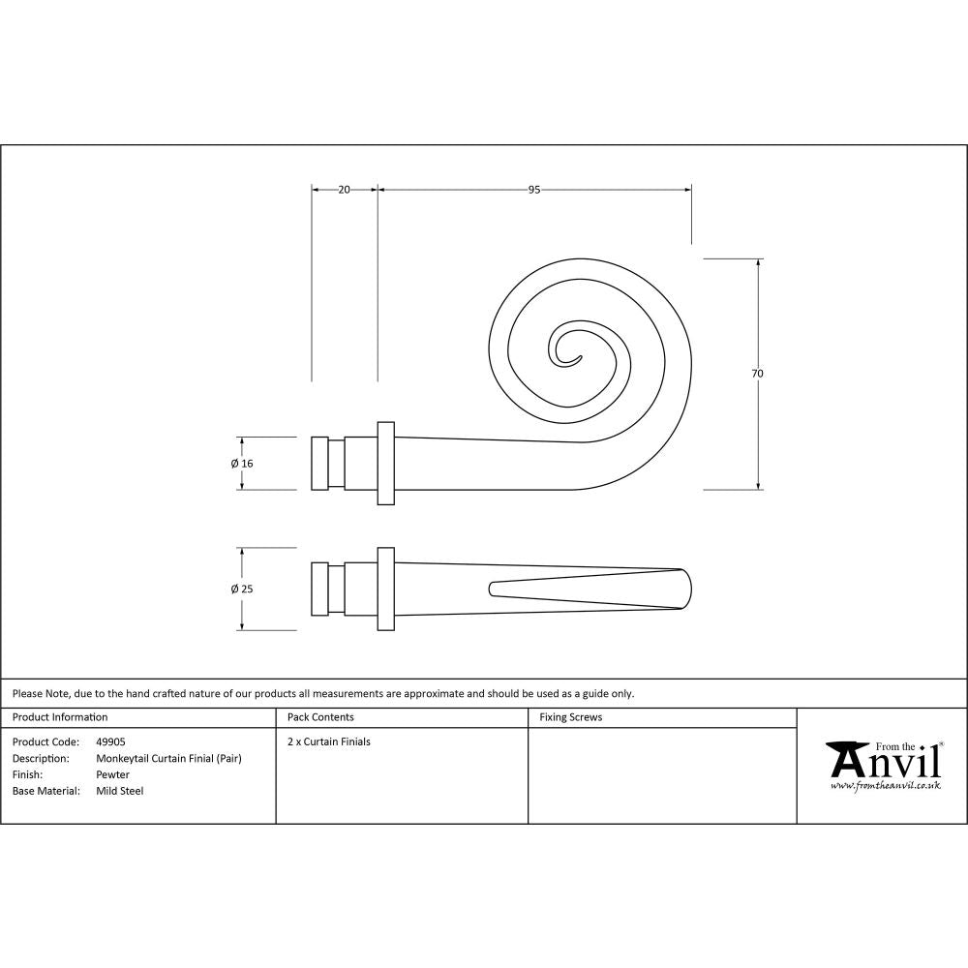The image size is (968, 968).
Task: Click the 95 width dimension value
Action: pos(533,190)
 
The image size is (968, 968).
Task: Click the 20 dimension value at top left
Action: pos(344,190)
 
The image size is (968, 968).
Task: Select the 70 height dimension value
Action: pos(758,373)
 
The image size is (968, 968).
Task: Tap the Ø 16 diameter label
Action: pos(242,464)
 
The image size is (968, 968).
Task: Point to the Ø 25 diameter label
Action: pos(242,589)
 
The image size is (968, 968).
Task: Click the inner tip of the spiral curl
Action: pos(577,359)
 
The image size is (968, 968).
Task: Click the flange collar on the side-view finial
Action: pos(385,463)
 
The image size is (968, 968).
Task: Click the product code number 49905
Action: pos(110,741)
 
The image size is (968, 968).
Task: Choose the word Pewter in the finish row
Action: pos(112,774)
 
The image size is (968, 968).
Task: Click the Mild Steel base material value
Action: pos(119,791)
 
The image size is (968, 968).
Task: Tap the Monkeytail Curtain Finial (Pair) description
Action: pos(168,758)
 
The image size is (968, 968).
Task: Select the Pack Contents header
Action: pos(320,717)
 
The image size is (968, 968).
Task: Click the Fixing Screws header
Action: pos(570,717)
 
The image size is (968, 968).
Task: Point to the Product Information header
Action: pos(60,717)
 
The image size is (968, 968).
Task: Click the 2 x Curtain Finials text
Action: pos(329,741)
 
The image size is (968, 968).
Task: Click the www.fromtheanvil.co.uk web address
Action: pos(885,787)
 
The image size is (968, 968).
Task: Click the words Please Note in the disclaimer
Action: pos(38,693)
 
